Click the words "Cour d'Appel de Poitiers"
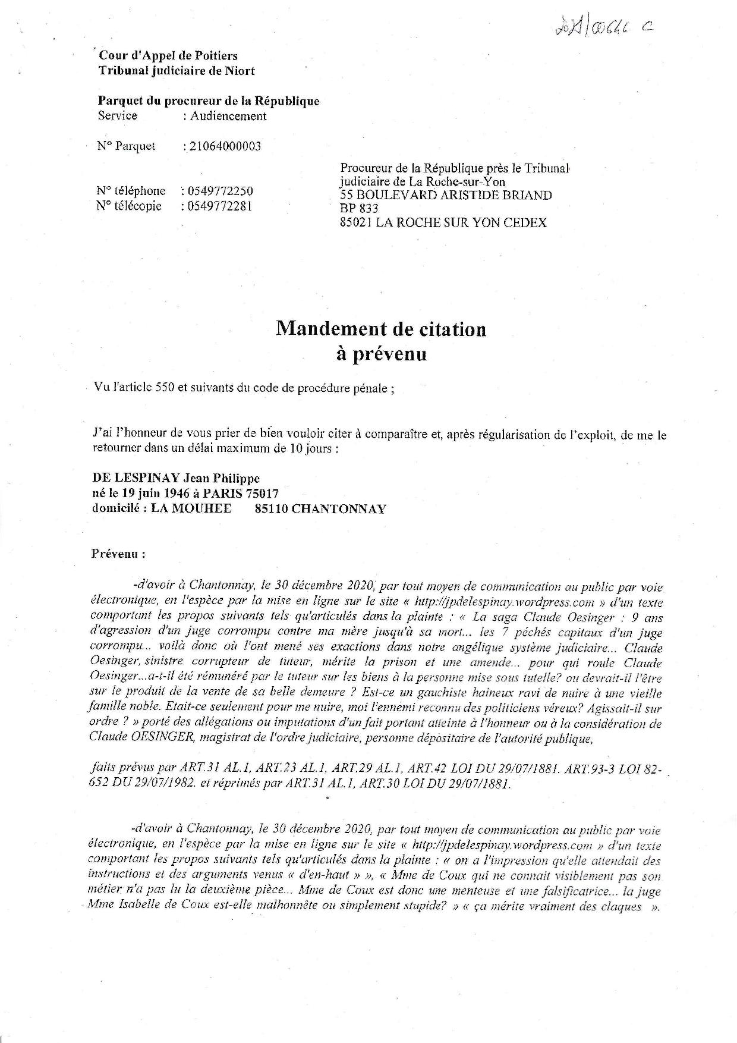point(168,56)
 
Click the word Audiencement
point(228,116)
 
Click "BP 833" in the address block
point(359,208)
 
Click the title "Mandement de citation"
point(380,329)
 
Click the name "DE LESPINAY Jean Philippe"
point(176,478)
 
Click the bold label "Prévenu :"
point(118,554)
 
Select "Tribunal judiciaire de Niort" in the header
point(177,71)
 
